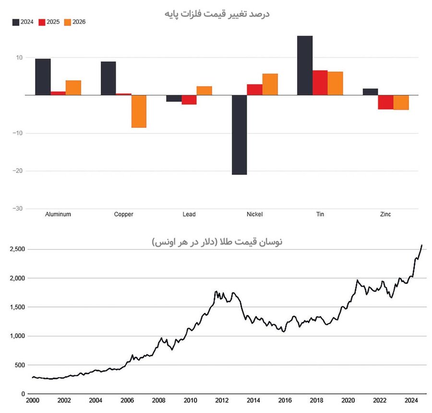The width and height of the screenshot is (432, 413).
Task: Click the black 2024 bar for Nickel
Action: [x=239, y=134]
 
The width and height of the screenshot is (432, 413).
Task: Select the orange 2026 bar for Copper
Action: [x=139, y=111]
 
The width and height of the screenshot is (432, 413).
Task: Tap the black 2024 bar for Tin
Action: [x=305, y=65]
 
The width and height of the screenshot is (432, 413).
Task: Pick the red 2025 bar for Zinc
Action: [x=385, y=102]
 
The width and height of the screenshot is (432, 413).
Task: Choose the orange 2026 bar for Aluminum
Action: [x=73, y=87]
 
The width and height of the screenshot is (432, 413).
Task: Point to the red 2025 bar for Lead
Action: [x=189, y=99]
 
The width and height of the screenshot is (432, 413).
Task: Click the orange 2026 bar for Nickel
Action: [x=270, y=84]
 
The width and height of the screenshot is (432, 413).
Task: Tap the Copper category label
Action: [x=123, y=214]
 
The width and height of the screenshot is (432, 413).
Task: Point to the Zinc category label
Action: [x=385, y=214]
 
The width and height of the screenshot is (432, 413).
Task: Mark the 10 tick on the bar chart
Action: [x=19, y=58]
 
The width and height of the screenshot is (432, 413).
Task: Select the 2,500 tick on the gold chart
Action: [x=17, y=249]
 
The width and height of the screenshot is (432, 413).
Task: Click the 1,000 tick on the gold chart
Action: [x=17, y=336]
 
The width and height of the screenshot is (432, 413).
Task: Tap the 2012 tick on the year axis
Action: [x=221, y=401]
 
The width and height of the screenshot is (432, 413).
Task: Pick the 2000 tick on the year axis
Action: [x=33, y=401]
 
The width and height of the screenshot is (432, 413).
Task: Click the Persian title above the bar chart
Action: [x=216, y=13]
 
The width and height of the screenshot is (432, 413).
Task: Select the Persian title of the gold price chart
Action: [x=217, y=242]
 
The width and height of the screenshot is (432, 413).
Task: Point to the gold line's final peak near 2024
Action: [x=421, y=246]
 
